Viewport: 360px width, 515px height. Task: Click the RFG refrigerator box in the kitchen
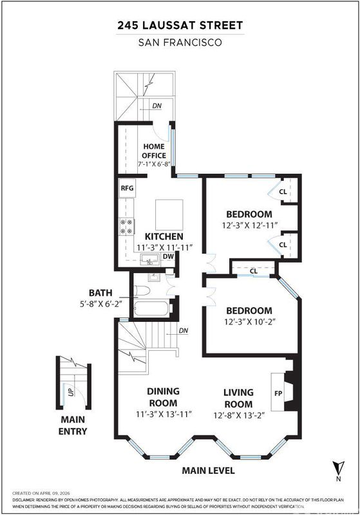[x=127, y=188]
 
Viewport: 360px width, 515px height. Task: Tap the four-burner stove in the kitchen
[x=127, y=227]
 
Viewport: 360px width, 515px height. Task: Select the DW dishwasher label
[x=168, y=256]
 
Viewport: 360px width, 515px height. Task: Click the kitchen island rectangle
[x=169, y=215]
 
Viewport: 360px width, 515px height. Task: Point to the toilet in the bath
[x=142, y=290]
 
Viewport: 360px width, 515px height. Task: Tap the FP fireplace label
[x=278, y=393]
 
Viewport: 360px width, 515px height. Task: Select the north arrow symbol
[x=338, y=467]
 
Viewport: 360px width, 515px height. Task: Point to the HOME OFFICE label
[x=154, y=151]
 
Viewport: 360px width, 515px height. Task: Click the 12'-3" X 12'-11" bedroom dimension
[x=250, y=225]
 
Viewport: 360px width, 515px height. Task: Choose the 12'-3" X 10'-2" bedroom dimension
[x=250, y=321]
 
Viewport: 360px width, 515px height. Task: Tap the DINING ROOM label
[x=163, y=397]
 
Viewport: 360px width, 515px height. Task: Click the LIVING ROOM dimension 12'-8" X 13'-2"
[x=239, y=415]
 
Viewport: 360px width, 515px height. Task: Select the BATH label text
[x=100, y=293]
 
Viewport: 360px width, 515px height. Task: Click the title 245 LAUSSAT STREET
[x=180, y=26]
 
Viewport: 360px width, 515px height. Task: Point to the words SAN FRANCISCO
[x=180, y=42]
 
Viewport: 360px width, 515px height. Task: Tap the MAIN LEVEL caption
[x=208, y=471]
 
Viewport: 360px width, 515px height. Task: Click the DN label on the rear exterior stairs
[x=157, y=106]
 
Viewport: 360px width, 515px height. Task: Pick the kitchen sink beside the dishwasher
[x=150, y=259]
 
